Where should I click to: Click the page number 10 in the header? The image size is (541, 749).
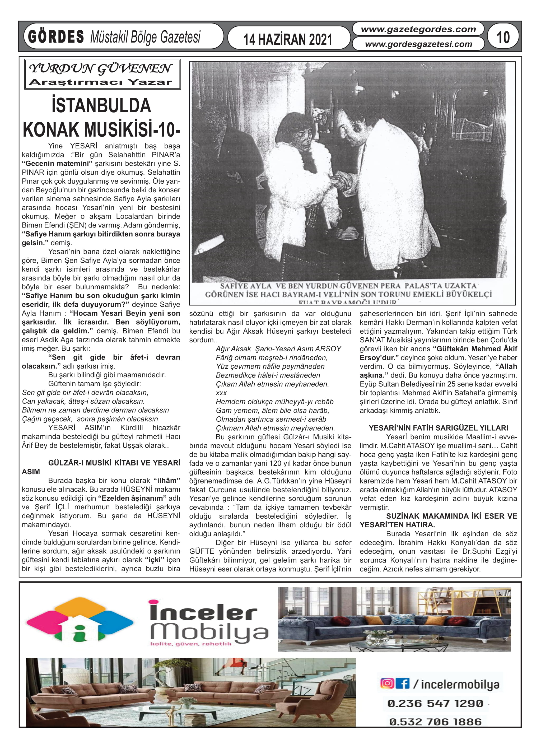[503, 37]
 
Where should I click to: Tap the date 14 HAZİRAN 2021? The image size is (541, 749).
[288, 39]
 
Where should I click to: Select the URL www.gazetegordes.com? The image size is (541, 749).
[418, 29]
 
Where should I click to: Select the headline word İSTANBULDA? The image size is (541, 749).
[101, 106]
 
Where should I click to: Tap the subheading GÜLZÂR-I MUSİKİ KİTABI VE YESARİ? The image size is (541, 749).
[114, 463]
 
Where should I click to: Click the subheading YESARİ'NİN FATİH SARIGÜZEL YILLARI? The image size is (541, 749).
[438, 428]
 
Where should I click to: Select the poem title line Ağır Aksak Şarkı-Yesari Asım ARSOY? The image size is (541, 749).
[278, 349]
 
